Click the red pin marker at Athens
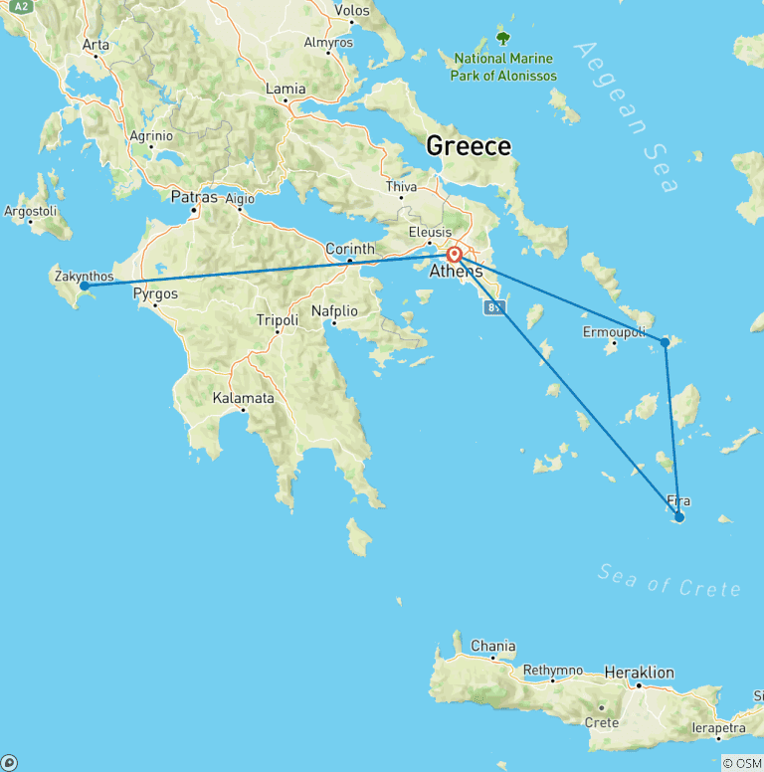(454, 255)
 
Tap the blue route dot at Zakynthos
(85, 286)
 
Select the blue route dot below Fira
(679, 517)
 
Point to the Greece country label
(469, 146)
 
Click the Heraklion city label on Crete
(640, 673)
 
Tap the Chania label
(493, 646)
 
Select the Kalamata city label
(244, 398)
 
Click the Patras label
(194, 197)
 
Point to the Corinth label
(350, 249)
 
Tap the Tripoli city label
(278, 320)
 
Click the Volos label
(352, 11)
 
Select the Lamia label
(286, 89)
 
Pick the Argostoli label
(32, 212)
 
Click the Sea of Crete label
(670, 581)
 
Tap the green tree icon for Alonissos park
(502, 38)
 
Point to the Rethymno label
(552, 670)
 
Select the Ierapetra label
(717, 729)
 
